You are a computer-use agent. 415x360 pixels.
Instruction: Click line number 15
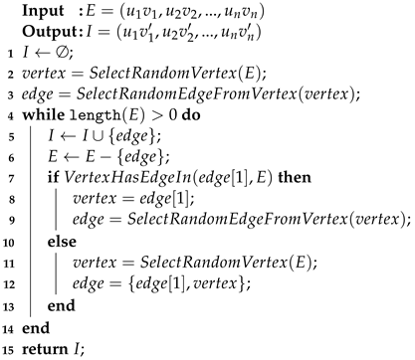(8, 344)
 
